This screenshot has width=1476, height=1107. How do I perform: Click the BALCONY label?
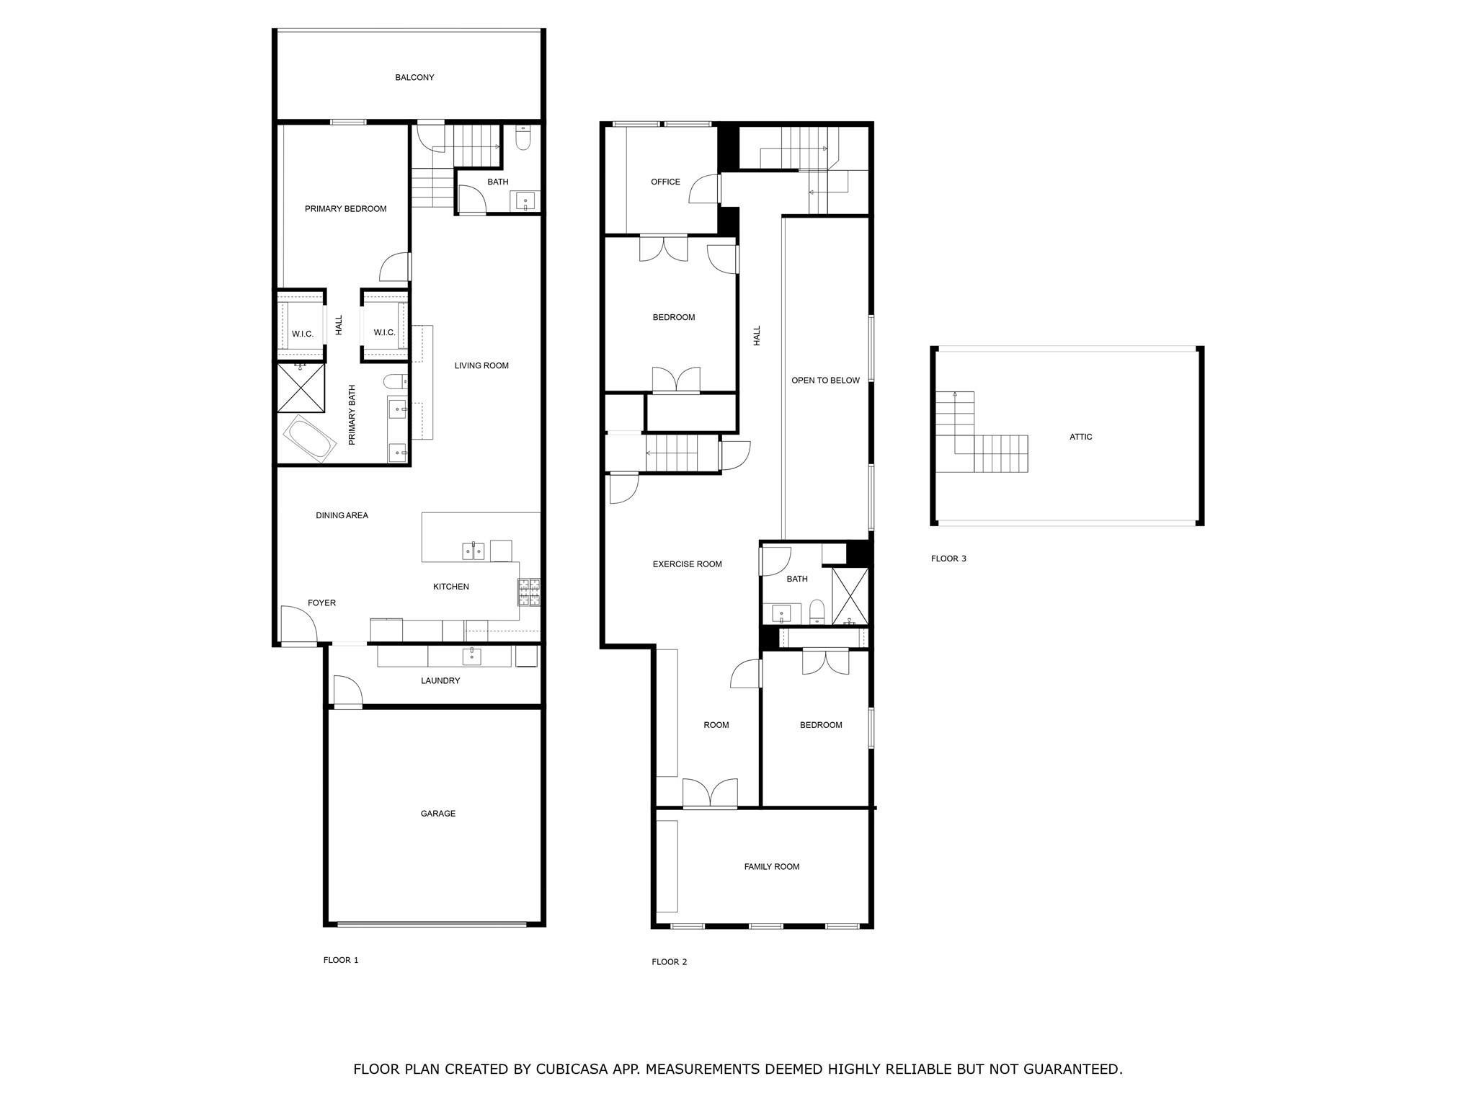tap(414, 77)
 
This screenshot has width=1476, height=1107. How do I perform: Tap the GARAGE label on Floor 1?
tap(438, 814)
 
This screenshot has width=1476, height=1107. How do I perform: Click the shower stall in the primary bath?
tap(301, 388)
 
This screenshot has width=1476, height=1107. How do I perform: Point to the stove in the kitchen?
tap(529, 592)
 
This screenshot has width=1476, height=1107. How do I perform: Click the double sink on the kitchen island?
tap(474, 551)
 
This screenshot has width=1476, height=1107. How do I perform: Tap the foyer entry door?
tap(298, 624)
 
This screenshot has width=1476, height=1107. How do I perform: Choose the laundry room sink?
tap(472, 655)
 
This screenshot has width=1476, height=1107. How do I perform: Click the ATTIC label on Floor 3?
tap(1081, 437)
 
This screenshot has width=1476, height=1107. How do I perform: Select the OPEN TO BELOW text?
tap(826, 381)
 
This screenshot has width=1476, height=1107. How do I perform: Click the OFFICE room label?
tap(665, 182)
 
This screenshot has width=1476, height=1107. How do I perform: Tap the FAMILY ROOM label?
tap(772, 867)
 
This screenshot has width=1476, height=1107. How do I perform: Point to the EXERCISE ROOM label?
tap(688, 564)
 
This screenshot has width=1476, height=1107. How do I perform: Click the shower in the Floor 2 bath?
tap(850, 597)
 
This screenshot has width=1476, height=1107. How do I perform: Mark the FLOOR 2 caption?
tap(670, 962)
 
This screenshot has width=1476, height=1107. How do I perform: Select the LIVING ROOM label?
tap(481, 365)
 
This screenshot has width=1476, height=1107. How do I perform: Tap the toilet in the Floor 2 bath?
tap(817, 611)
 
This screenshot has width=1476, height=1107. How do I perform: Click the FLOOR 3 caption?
tap(948, 559)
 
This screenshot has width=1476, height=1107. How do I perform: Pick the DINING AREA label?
tap(342, 515)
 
